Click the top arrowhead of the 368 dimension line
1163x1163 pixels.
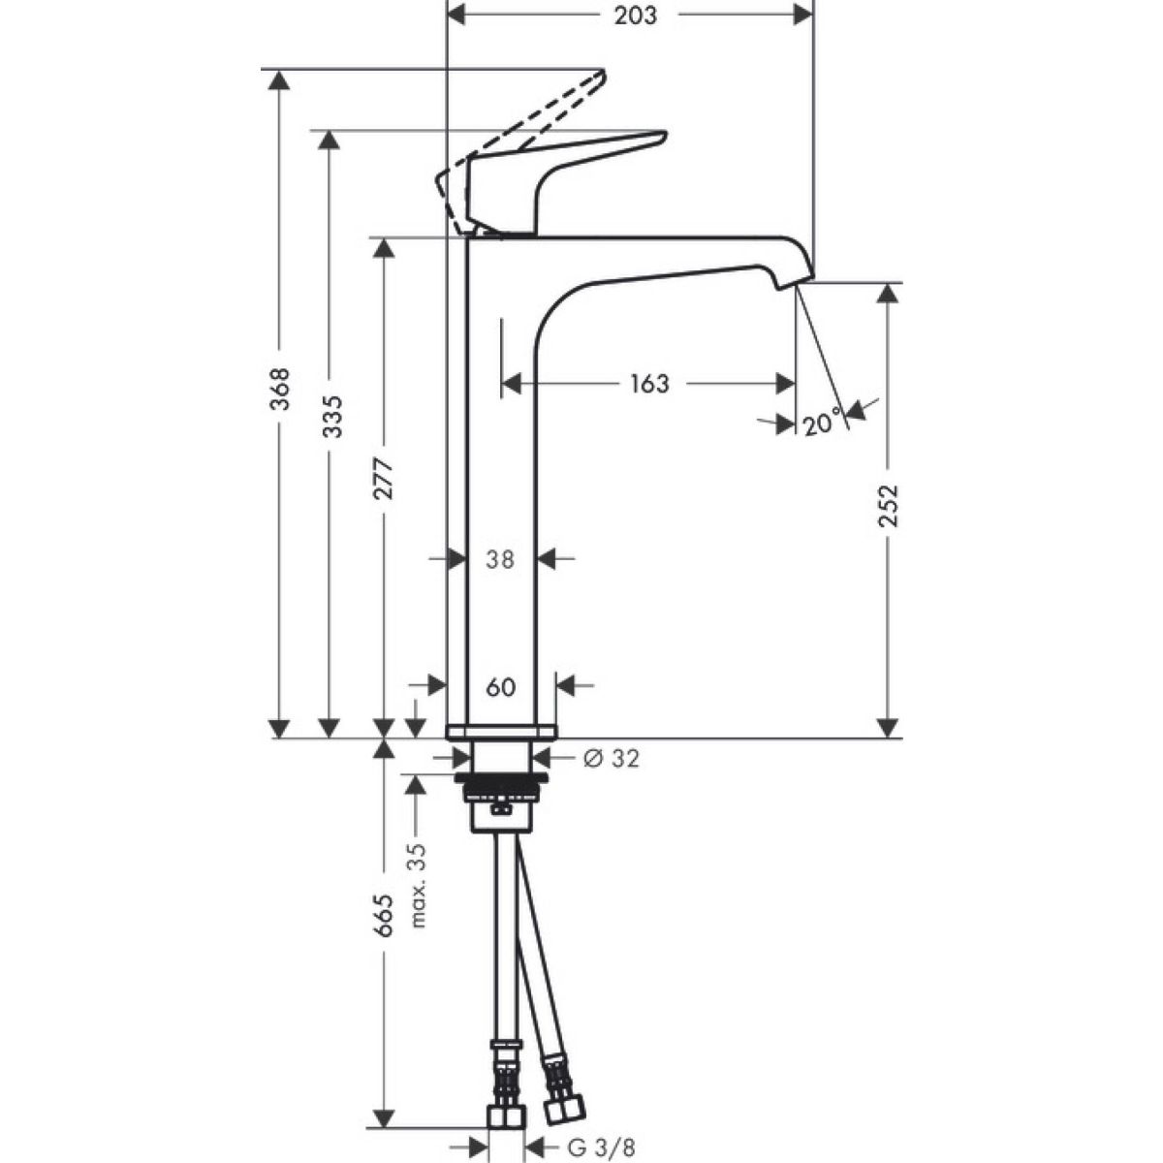pos(278,79)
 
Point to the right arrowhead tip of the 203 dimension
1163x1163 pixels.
pos(812,15)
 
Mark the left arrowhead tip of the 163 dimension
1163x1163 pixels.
pos(502,383)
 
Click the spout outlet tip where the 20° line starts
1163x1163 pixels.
pos(796,288)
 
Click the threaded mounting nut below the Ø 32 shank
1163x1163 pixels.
pos(502,786)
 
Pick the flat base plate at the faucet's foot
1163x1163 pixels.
pos(501,732)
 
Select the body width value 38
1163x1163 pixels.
pos(500,559)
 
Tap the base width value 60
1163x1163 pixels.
pos(501,687)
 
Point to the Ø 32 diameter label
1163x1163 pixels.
pos(611,759)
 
